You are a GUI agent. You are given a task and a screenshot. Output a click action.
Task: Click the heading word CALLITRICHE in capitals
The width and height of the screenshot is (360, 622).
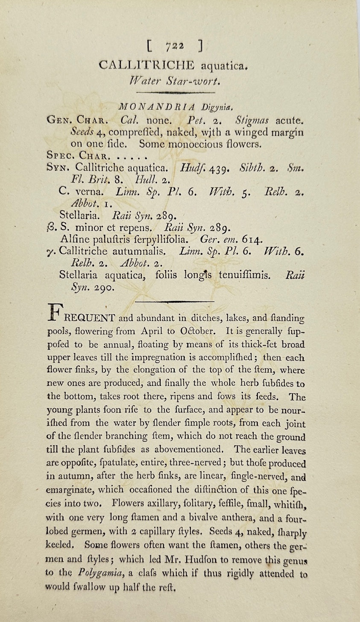pos(146,65)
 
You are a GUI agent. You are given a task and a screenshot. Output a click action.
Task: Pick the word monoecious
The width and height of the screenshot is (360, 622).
pos(191,144)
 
